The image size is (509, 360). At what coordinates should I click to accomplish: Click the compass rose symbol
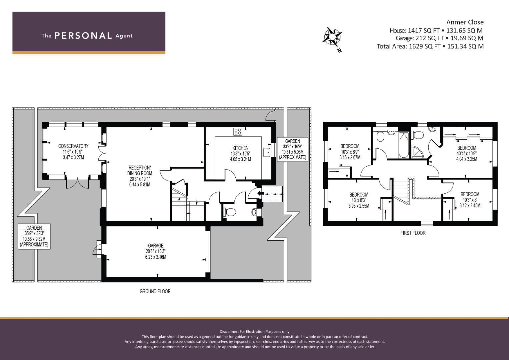(332, 37)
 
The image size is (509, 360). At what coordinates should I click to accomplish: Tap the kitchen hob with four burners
(238, 131)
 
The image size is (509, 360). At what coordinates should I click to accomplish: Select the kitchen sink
(266, 152)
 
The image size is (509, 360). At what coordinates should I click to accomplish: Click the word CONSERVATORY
(73, 146)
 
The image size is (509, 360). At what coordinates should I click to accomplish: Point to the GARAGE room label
(156, 245)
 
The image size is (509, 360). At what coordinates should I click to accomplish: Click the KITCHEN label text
(240, 148)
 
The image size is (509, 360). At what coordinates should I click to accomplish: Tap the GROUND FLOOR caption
(155, 291)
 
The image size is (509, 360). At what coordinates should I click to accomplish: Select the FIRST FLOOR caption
(413, 233)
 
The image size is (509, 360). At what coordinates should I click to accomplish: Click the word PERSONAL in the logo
(83, 35)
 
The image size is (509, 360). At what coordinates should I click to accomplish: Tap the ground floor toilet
(230, 212)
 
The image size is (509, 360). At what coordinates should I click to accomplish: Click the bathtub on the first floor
(404, 145)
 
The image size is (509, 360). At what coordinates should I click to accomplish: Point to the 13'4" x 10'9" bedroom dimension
(467, 153)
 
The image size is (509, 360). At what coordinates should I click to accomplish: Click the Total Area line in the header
(430, 46)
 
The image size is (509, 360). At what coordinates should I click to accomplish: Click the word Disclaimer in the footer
(228, 331)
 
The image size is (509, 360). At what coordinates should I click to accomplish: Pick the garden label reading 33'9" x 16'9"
(292, 146)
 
